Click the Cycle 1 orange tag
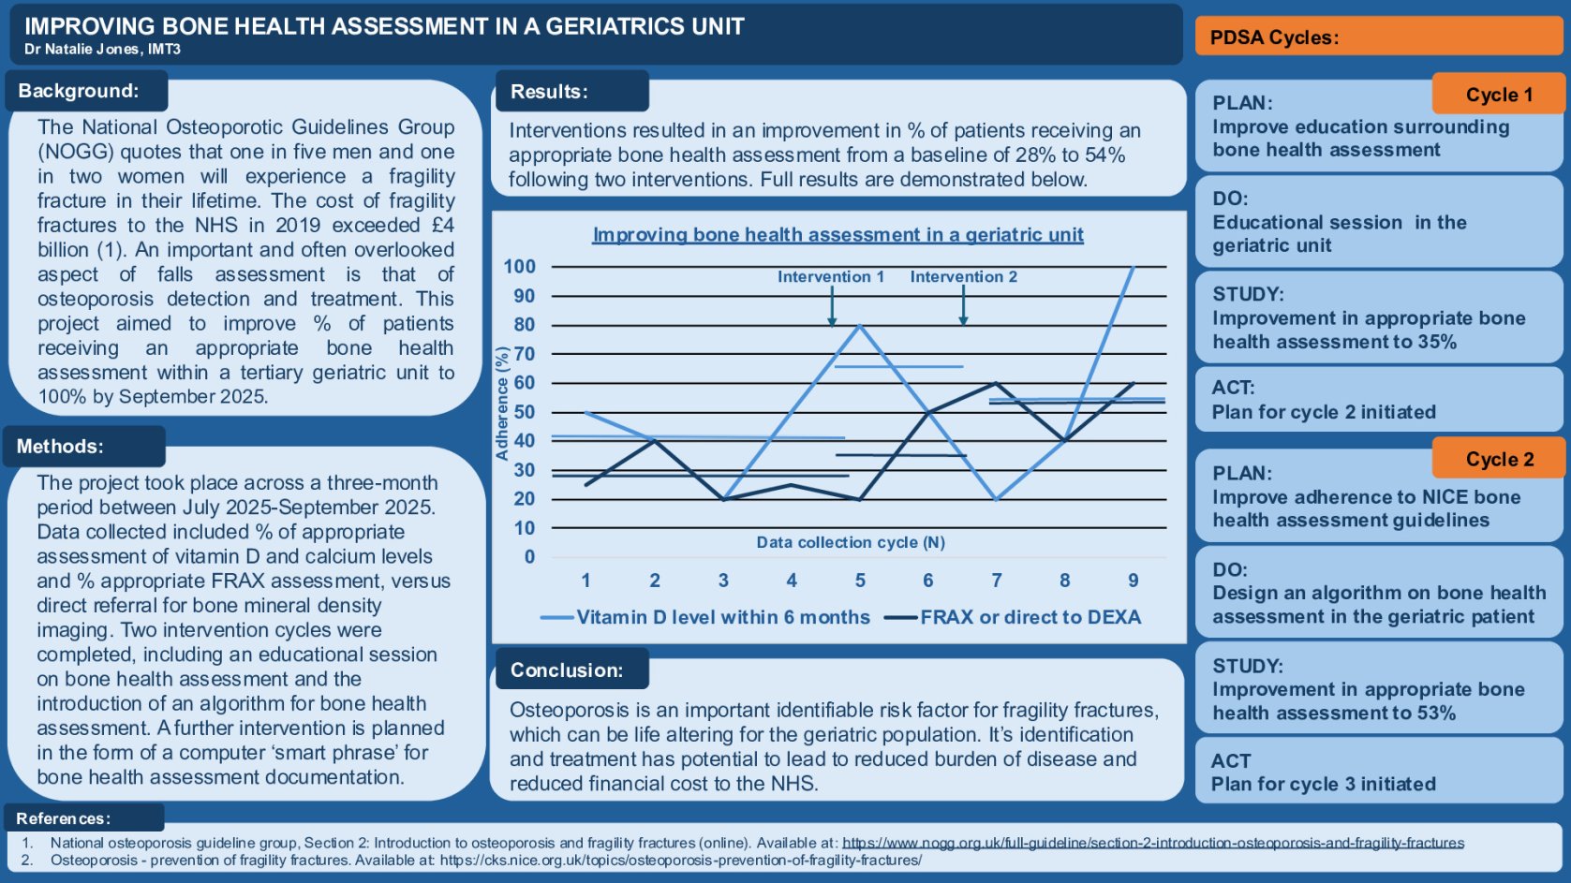[x=1498, y=95]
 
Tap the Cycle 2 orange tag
[x=1499, y=459]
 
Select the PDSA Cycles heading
[x=1274, y=37]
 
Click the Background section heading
[x=79, y=91]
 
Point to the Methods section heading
[x=60, y=447]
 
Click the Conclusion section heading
[x=566, y=670]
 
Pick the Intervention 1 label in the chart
[x=830, y=276]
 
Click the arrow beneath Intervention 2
[x=963, y=305]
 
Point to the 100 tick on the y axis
[x=520, y=266]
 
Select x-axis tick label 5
[x=860, y=581]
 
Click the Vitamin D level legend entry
[x=706, y=617]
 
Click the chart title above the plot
[x=837, y=235]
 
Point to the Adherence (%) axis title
[x=502, y=404]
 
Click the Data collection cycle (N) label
[x=850, y=542]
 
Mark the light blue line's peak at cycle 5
[x=860, y=325]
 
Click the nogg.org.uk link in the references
[x=1152, y=843]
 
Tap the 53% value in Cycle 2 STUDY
[x=1436, y=713]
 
